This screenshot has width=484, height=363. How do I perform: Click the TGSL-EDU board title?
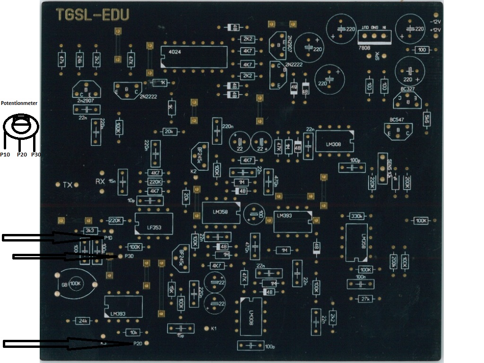coord(92,15)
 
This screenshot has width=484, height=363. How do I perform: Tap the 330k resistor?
coord(356,216)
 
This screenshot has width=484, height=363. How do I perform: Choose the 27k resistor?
coord(365,299)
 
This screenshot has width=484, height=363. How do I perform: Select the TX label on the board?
coord(67,185)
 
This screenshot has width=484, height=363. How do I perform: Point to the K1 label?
coord(214,328)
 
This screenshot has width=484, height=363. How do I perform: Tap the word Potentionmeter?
coord(19,103)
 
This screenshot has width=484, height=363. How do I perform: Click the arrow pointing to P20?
coord(66,344)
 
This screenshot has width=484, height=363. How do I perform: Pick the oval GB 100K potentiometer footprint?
coord(76,284)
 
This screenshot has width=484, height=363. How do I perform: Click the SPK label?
coord(377,56)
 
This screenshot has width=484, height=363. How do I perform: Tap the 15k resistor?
coord(172,288)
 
